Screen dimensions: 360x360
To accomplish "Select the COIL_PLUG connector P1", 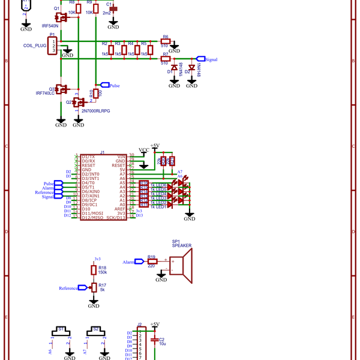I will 53,46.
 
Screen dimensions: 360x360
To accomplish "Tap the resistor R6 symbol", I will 166,42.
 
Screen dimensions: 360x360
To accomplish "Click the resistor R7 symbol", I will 166,59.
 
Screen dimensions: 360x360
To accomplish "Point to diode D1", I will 174,68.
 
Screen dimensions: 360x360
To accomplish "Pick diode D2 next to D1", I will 191,67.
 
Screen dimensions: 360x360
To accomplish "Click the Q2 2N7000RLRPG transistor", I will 77,103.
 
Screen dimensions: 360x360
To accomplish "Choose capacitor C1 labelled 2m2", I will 113,9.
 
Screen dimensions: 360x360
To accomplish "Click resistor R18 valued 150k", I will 94,270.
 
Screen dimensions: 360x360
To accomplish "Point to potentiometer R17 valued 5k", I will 94,288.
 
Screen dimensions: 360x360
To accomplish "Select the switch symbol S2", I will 94,332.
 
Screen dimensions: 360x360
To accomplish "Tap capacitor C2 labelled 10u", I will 155,340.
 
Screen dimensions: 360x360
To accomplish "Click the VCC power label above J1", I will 144,150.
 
